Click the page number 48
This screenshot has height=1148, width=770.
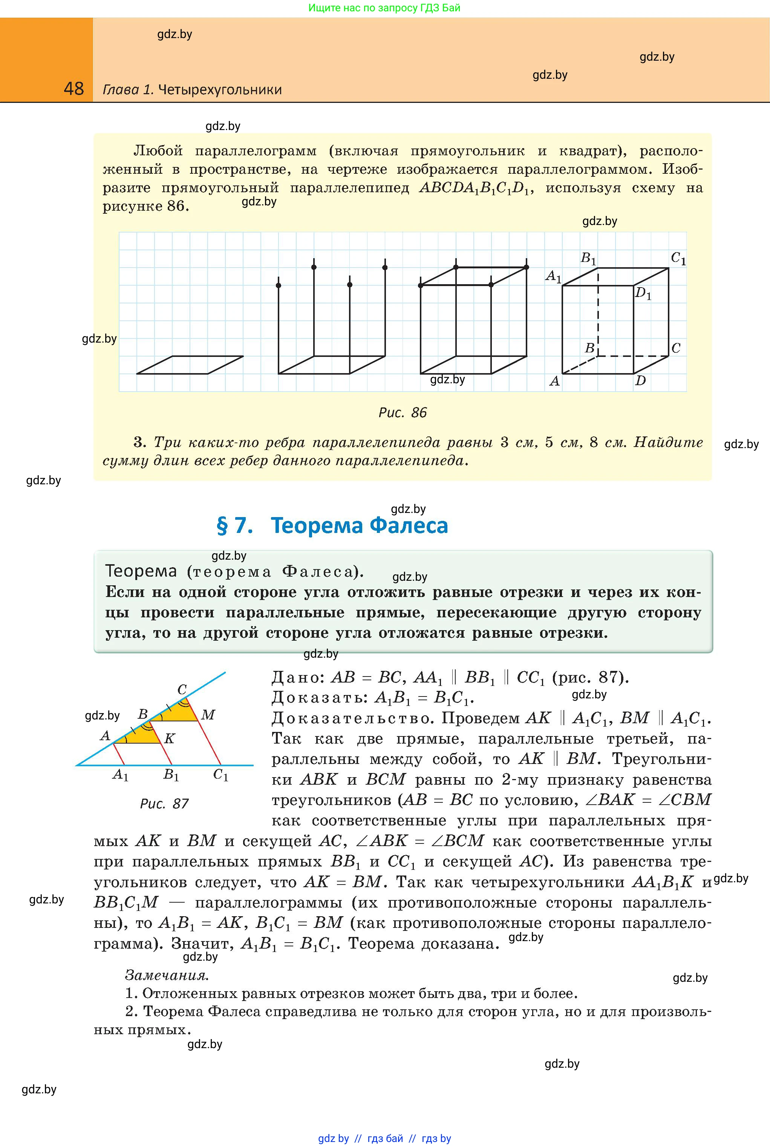pyautogui.click(x=73, y=89)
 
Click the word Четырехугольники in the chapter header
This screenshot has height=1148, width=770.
pyautogui.click(x=220, y=90)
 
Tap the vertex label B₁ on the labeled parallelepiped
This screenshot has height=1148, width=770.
pyautogui.click(x=588, y=258)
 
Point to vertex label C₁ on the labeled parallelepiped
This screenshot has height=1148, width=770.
pyautogui.click(x=678, y=258)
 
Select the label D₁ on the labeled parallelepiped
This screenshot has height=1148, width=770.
pyautogui.click(x=643, y=294)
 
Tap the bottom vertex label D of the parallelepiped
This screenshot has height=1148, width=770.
pyautogui.click(x=640, y=381)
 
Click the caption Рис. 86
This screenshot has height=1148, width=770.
pyautogui.click(x=402, y=412)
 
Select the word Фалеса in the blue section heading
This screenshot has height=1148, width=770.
pyautogui.click(x=409, y=525)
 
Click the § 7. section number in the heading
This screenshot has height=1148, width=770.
pyautogui.click(x=235, y=525)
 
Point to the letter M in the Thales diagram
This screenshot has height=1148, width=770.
pyautogui.click(x=208, y=715)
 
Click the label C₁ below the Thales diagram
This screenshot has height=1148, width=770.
pyautogui.click(x=220, y=775)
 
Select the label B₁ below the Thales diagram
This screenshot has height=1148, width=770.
pyautogui.click(x=171, y=775)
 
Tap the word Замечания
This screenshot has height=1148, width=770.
pyautogui.click(x=167, y=975)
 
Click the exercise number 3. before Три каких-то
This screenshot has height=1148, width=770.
pyautogui.click(x=140, y=442)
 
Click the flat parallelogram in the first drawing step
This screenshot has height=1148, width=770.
pyautogui.click(x=190, y=365)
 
